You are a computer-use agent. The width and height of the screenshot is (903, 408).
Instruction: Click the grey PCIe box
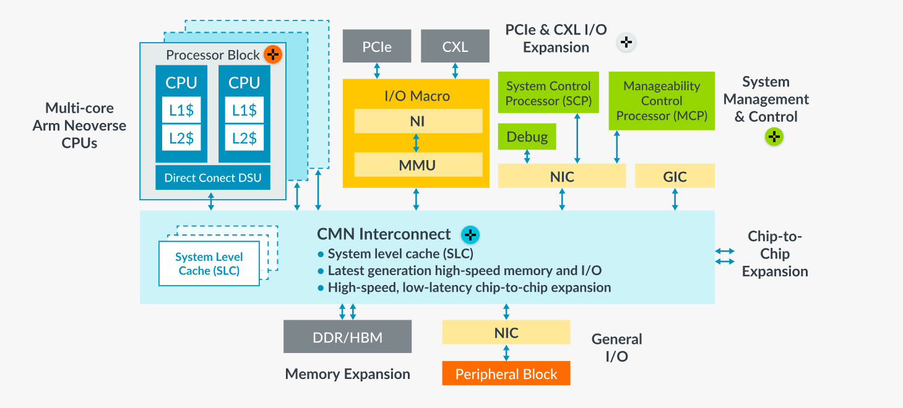(377, 46)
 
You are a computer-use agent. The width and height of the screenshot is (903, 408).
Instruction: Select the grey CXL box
(455, 46)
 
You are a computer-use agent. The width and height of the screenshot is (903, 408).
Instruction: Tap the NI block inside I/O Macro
(418, 121)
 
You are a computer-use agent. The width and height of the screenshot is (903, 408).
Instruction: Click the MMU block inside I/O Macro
(418, 164)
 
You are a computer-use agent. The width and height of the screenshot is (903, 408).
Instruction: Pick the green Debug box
(527, 137)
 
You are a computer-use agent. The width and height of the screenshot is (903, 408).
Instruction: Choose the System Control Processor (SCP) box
(548, 93)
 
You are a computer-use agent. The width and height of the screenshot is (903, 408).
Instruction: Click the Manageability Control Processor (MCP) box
(662, 101)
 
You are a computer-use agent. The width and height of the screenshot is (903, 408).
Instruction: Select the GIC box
(675, 176)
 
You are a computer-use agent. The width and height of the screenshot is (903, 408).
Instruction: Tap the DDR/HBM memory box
(347, 337)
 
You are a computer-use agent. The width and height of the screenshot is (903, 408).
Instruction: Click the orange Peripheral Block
(506, 373)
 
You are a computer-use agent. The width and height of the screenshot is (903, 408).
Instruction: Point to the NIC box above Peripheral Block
(506, 333)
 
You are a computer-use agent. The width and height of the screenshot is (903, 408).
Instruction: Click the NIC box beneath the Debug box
(562, 176)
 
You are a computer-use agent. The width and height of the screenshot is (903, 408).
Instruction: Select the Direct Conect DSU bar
(213, 178)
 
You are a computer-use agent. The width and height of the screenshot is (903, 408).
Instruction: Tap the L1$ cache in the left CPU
(181, 110)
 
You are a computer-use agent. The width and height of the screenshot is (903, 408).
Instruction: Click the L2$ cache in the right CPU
(244, 138)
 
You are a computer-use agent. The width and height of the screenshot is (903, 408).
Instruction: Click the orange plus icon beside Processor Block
(272, 54)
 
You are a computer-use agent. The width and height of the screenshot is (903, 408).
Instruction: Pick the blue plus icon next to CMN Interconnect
(470, 235)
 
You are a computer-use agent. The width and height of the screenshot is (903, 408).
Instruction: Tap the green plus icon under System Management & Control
(774, 137)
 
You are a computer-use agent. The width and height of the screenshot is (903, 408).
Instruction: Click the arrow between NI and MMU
(416, 143)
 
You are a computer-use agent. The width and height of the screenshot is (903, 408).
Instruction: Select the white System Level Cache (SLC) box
(209, 264)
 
